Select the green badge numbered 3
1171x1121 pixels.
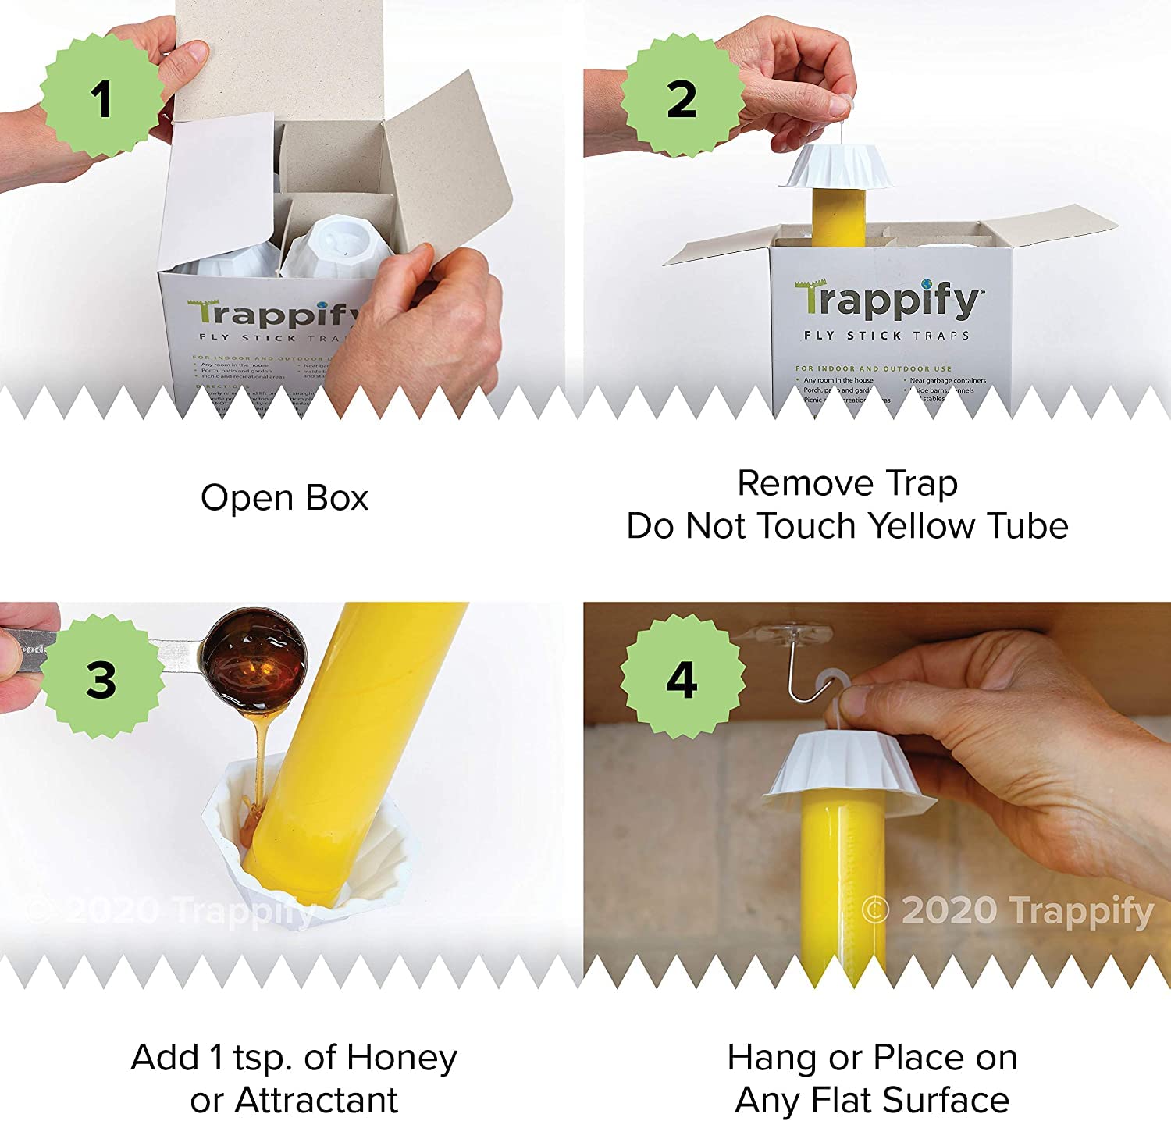101,678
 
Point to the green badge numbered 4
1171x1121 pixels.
682,678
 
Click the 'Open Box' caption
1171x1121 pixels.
284,498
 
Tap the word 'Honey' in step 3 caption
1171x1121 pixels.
401,1059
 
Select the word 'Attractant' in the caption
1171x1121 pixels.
316,1101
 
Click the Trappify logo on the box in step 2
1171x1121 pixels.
890,301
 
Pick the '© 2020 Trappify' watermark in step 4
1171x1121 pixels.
1007,910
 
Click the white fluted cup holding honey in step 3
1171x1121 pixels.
312,859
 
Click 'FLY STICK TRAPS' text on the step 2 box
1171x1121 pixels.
886,336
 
